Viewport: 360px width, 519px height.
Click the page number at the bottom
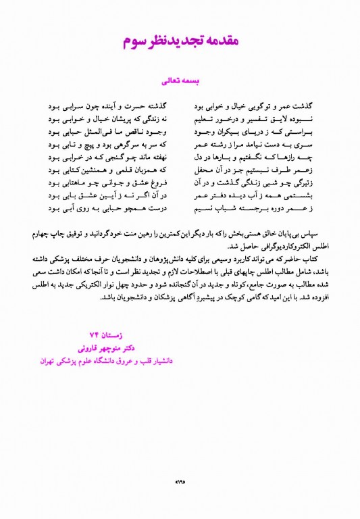pyautogui.click(x=180, y=480)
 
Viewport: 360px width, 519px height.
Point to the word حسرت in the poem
pyautogui.click(x=144, y=107)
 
